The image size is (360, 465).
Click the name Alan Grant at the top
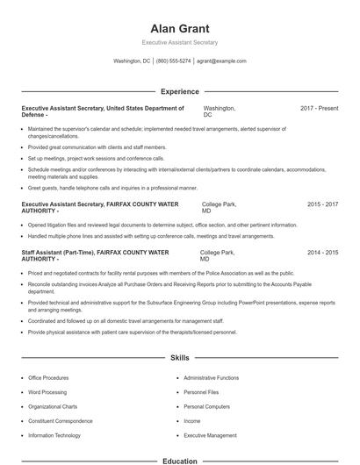click(179, 28)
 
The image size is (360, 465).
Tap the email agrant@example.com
click(221, 61)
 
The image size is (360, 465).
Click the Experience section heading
click(179, 91)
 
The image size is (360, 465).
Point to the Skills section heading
click(179, 359)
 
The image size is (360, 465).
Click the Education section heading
click(179, 461)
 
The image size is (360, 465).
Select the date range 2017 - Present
click(319, 108)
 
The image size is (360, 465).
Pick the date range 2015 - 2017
click(322, 204)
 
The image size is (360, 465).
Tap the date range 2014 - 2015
click(322, 252)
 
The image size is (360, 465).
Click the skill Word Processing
click(47, 392)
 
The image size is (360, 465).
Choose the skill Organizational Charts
click(53, 407)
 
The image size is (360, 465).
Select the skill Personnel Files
click(201, 392)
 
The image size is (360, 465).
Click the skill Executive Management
click(210, 435)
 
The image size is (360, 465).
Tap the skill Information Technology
click(54, 435)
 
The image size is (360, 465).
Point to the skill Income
click(192, 421)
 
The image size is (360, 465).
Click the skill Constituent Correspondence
click(60, 421)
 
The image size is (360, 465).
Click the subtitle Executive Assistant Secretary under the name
click(179, 42)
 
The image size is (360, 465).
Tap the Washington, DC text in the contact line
click(133, 61)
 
